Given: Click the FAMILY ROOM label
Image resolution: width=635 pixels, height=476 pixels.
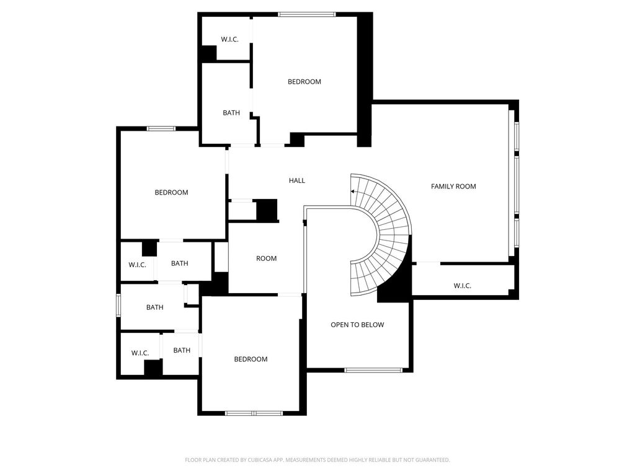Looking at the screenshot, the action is pyautogui.click(x=453, y=187).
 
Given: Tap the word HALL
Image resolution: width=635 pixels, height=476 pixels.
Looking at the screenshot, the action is pyautogui.click(x=297, y=180).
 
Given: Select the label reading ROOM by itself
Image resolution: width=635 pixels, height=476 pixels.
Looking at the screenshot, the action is pyautogui.click(x=266, y=258).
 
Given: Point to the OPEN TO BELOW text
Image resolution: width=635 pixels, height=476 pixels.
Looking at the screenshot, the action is pyautogui.click(x=357, y=325).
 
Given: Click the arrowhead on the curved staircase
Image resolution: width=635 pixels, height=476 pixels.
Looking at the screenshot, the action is pyautogui.click(x=353, y=192).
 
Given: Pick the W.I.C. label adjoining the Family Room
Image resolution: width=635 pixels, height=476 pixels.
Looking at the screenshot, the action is pyautogui.click(x=462, y=286).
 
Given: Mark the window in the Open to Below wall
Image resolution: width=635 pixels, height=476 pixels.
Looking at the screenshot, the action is pyautogui.click(x=373, y=370).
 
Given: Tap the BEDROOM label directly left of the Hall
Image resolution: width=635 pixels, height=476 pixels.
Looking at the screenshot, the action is pyautogui.click(x=171, y=192).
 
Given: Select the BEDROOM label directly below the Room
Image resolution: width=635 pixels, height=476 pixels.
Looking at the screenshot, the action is pyautogui.click(x=251, y=359).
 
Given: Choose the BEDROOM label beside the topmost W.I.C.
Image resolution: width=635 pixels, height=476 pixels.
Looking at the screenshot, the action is pyautogui.click(x=304, y=82).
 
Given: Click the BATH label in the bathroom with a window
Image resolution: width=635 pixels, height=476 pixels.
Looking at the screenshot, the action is pyautogui.click(x=154, y=307).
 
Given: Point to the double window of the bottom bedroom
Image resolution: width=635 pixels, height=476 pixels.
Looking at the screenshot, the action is pyautogui.click(x=254, y=413).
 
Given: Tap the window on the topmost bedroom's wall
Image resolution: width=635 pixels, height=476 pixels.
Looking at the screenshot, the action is pyautogui.click(x=307, y=15).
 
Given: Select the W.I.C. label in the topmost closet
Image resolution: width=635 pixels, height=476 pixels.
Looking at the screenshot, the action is pyautogui.click(x=229, y=39).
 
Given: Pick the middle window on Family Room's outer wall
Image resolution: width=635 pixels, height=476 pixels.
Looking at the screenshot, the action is pyautogui.click(x=517, y=184).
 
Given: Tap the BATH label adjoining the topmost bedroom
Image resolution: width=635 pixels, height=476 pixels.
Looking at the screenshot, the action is pyautogui.click(x=231, y=113).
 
